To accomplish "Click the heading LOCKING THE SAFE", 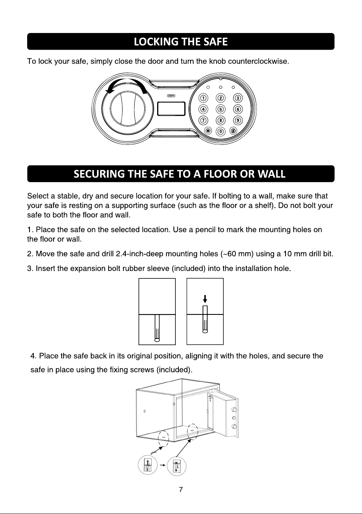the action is coord(181,42).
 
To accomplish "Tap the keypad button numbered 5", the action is coord(221,109).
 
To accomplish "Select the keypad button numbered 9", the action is coord(238,120).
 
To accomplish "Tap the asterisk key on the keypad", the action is coord(208,131).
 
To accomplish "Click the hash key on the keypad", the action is coord(233,131).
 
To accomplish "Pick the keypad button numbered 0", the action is coord(221,131).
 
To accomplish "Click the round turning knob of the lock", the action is coord(128,109).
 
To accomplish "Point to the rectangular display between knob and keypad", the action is coord(171,109).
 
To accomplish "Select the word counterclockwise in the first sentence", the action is coord(258,61).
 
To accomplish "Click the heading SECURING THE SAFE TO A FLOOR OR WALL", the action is coord(180,174).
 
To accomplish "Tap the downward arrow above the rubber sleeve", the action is coord(205,299).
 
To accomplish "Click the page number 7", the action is coord(181,490).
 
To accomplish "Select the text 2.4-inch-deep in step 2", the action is coord(140,254).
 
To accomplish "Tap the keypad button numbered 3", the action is coord(238,98).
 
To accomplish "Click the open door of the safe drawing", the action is coord(223,416).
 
